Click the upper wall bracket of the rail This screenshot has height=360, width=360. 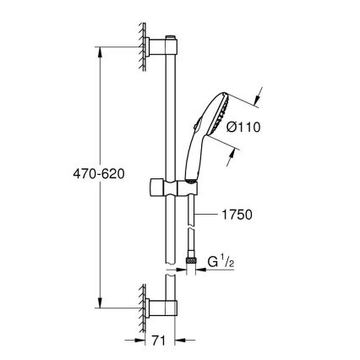(161, 48)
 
